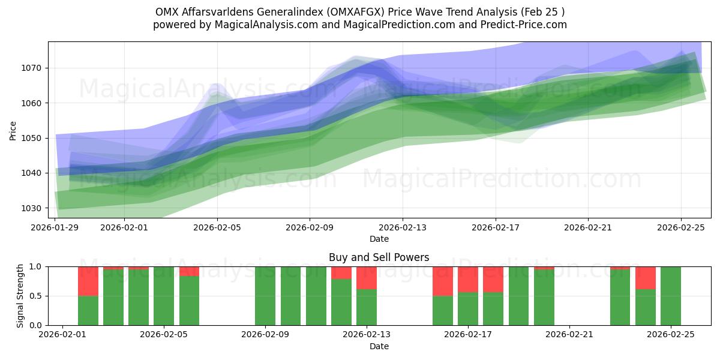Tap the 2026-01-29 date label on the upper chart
(55, 227)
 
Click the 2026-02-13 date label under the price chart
(403, 227)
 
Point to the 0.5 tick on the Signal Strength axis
(37, 296)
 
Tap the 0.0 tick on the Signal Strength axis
(37, 325)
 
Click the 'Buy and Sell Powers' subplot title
(379, 257)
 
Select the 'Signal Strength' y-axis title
(20, 296)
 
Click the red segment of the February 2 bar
(88, 281)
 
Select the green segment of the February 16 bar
(443, 310)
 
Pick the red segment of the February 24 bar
(646, 278)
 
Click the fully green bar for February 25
(671, 296)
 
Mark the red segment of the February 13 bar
(367, 278)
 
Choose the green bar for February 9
(265, 296)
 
